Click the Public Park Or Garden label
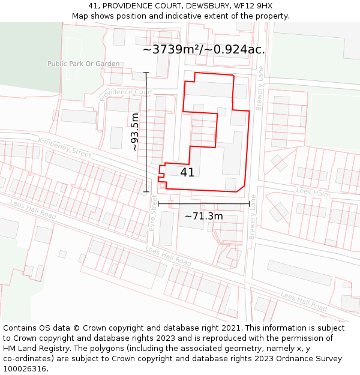click(83, 64)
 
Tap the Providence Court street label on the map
click(126, 93)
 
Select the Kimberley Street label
click(64, 147)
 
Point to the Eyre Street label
click(154, 214)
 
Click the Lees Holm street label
click(313, 192)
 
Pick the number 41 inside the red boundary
click(187, 172)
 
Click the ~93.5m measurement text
click(135, 132)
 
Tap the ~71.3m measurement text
click(203, 216)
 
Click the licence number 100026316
click(26, 369)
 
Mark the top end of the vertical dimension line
click(146, 73)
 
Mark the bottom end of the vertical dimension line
click(146, 192)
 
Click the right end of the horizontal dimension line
click(249, 204)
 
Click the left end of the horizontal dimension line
click(158, 204)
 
